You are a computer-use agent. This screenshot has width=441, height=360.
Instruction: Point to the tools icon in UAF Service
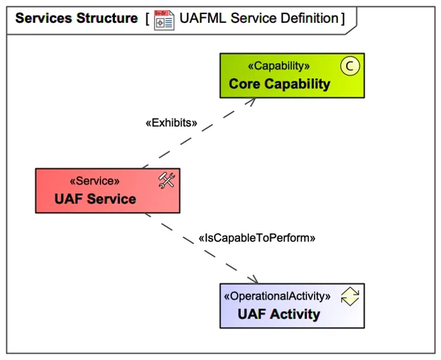166,181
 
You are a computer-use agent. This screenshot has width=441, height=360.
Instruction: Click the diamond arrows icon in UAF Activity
349,296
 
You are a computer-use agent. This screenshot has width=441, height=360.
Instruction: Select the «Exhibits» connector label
172,123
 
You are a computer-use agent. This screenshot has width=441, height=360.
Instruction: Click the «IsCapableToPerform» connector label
257,238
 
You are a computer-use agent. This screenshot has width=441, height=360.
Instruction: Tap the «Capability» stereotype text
279,66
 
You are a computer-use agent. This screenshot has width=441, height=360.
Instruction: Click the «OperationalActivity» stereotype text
278,296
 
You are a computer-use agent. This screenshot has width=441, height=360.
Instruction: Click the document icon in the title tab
164,19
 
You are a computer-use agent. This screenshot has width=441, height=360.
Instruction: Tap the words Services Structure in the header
76,18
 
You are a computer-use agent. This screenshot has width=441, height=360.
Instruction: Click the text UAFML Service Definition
259,18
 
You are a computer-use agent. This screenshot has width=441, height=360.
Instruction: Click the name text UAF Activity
279,314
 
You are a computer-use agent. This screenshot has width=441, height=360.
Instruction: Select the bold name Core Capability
280,84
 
